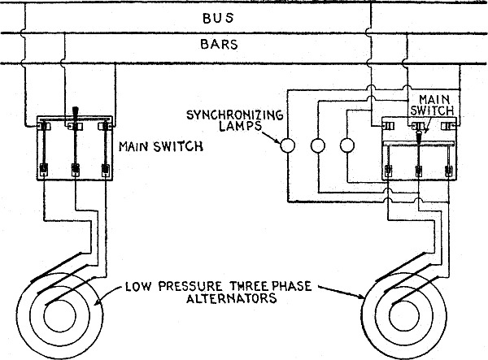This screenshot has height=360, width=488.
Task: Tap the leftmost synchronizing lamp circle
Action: point(287,147)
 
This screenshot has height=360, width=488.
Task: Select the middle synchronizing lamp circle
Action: point(318,147)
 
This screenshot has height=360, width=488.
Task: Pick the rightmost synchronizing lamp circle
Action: point(347,147)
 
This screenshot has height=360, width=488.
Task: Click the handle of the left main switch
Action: point(74,113)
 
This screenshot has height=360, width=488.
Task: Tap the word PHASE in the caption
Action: point(291,285)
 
